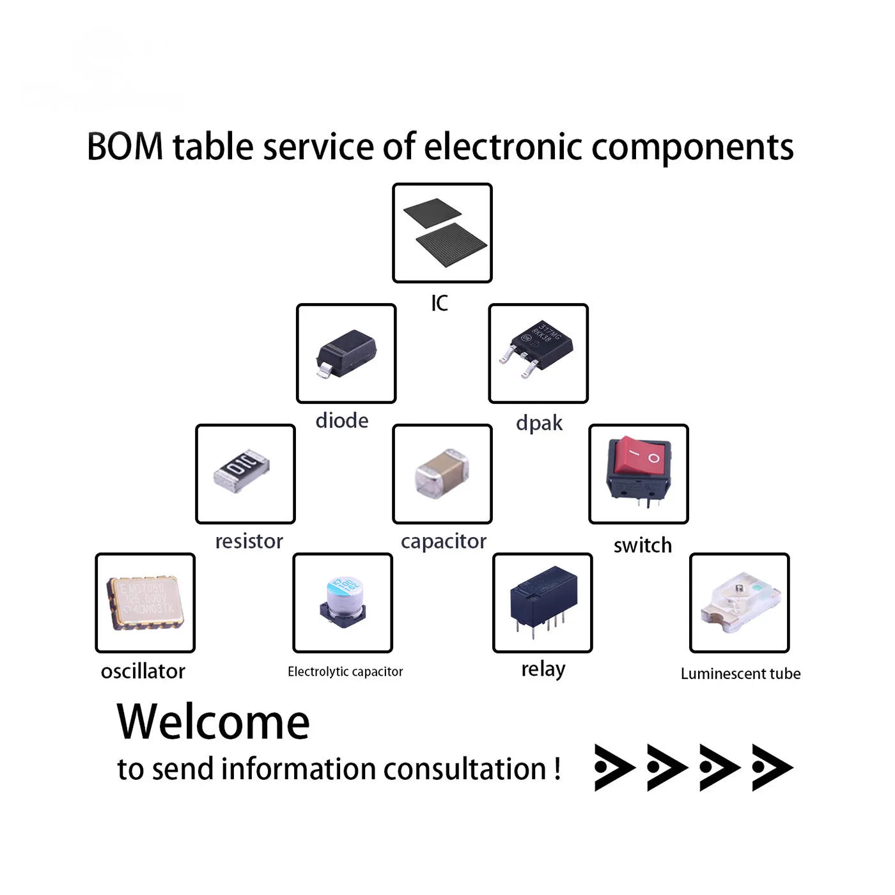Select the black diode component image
pyautogui.click(x=346, y=352)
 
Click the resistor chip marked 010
pyautogui.click(x=242, y=471)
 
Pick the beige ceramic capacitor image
pyautogui.click(x=442, y=473)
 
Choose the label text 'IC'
pyautogui.click(x=440, y=303)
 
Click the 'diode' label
pyautogui.click(x=342, y=421)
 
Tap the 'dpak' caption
pyautogui.click(x=539, y=423)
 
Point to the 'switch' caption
pyautogui.click(x=642, y=545)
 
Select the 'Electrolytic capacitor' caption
pyautogui.click(x=345, y=672)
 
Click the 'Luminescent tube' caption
pyautogui.click(x=740, y=674)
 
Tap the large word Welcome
pyautogui.click(x=214, y=722)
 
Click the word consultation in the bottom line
pyautogui.click(x=464, y=769)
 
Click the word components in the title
pyautogui.click(x=692, y=148)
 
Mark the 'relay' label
pyautogui.click(x=543, y=670)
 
